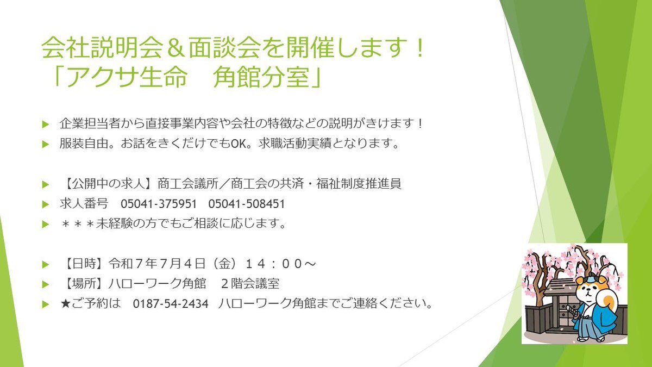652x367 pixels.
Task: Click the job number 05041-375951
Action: [159, 204]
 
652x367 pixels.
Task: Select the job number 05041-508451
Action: [247, 204]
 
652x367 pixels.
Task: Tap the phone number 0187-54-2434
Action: [171, 304]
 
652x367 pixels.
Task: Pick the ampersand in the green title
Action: [175, 47]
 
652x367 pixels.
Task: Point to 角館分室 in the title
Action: [261, 77]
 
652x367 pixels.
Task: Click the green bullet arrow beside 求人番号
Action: [46, 204]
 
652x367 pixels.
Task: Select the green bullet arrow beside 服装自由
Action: [46, 144]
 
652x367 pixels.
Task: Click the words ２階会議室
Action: [250, 284]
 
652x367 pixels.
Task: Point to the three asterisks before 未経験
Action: [78, 224]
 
